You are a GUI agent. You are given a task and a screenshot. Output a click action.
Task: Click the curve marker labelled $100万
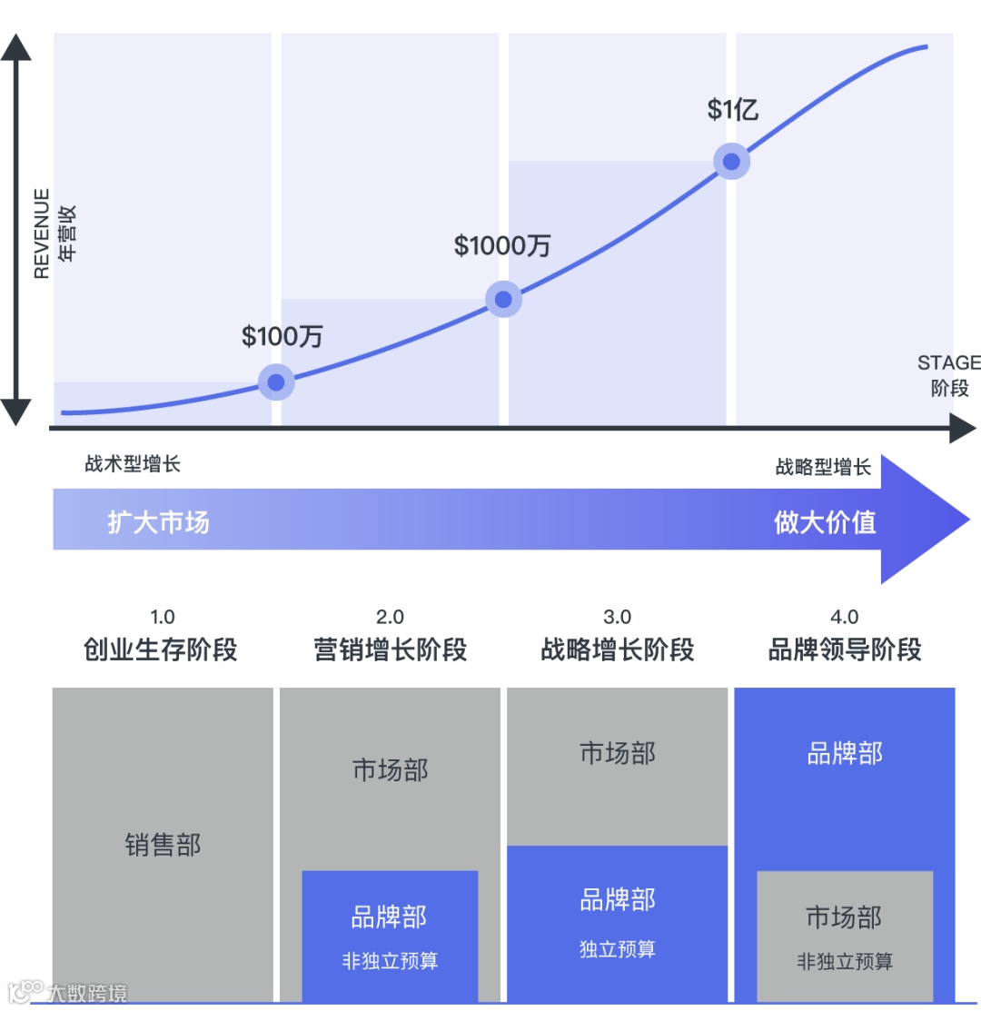276,382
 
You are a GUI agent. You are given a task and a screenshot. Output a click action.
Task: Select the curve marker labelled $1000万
503,299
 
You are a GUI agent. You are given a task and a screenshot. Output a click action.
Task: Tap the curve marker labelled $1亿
731,162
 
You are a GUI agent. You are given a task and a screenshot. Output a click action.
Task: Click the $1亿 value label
732,110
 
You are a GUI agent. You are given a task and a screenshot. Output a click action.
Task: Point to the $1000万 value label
502,245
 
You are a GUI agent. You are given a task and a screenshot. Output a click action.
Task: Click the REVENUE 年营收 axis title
54,234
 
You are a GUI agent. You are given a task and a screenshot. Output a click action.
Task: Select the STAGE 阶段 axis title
948,375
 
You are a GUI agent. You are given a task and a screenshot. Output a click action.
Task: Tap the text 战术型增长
133,464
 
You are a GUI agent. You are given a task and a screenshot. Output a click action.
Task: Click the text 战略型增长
823,467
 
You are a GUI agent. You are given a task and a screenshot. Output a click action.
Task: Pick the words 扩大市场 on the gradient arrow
159,522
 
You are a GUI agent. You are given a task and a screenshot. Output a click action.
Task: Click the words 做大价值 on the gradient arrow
825,522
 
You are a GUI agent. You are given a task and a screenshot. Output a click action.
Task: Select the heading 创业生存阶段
161,649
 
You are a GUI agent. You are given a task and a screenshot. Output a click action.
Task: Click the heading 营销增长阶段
390,649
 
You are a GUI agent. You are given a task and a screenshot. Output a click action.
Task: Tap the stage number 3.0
617,618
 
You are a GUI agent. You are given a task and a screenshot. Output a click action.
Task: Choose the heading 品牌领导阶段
845,649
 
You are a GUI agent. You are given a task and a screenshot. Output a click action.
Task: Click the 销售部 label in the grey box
163,846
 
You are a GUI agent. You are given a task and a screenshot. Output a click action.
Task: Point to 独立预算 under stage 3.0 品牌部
617,949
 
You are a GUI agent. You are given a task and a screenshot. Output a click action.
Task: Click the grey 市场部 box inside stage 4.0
845,936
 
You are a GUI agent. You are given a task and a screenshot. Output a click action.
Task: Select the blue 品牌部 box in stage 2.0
390,936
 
